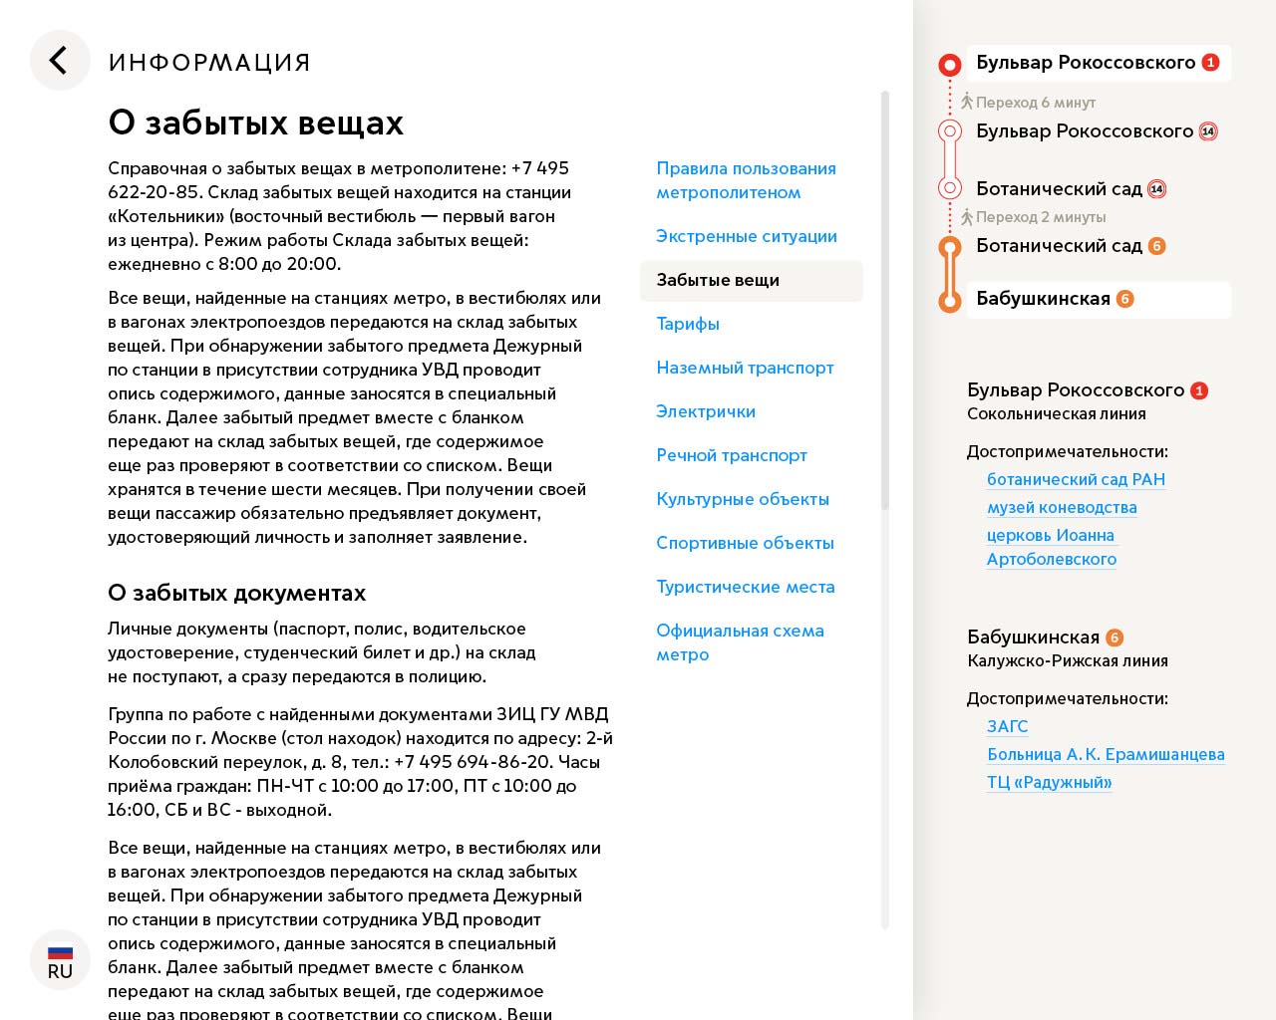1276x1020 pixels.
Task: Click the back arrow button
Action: (x=60, y=61)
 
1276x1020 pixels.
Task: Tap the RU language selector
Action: (x=60, y=960)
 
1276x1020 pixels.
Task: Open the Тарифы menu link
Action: (x=688, y=324)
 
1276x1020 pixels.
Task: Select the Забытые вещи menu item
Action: (x=718, y=280)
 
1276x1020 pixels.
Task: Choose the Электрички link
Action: (x=706, y=411)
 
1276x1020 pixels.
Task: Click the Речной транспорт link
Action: (x=732, y=455)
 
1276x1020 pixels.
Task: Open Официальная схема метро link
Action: (x=740, y=642)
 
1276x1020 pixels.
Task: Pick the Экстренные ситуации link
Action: (x=747, y=236)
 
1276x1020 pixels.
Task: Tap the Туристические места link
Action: (x=746, y=587)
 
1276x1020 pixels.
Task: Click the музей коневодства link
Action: (x=1062, y=507)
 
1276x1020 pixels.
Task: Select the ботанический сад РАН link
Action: (x=1076, y=479)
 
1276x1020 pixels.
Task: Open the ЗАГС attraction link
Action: (x=1007, y=726)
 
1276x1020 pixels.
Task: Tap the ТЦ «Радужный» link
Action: (x=1049, y=782)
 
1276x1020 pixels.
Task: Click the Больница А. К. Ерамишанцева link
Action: (x=1106, y=754)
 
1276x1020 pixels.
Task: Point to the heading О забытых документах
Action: (x=237, y=593)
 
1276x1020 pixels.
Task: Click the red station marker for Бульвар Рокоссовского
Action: (x=950, y=66)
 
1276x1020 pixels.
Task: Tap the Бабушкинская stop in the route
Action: (x=1043, y=299)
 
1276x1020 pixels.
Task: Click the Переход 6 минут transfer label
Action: (x=1035, y=103)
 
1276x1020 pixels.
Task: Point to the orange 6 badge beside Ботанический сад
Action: (x=1156, y=246)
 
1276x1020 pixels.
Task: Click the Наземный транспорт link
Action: (x=745, y=368)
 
